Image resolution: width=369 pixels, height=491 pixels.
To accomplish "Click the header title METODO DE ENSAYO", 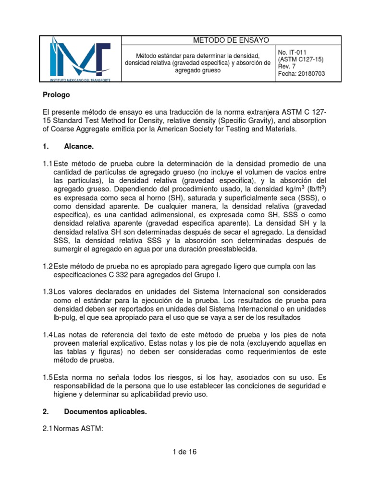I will (224, 40).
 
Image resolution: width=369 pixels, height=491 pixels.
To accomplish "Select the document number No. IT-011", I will (292, 52).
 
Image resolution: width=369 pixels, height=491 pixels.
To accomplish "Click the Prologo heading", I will (56, 94).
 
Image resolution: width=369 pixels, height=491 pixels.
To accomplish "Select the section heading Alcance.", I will (79, 146).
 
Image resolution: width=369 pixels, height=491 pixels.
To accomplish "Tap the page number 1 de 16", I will (184, 451).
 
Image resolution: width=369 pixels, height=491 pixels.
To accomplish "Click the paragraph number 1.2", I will (47, 266).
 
